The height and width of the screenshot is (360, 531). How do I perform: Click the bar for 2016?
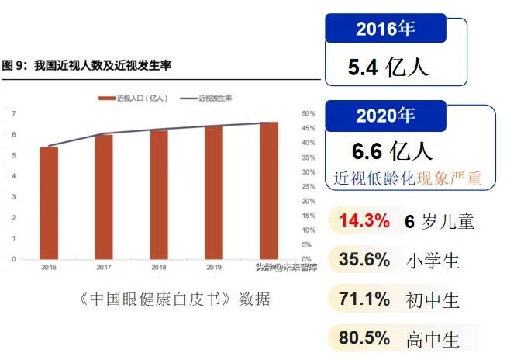(x=49, y=202)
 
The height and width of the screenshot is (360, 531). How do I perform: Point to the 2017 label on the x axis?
(x=104, y=268)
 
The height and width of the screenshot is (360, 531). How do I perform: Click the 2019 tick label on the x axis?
(x=214, y=268)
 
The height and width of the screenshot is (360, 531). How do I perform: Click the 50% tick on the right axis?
(x=306, y=114)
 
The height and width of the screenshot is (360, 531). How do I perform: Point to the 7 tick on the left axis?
(x=14, y=114)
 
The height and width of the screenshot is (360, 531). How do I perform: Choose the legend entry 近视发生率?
(x=209, y=99)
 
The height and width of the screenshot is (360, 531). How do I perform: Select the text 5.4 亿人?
(x=388, y=67)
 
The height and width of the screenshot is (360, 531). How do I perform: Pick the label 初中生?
(x=433, y=299)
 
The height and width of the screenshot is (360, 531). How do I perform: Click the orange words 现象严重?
(x=449, y=178)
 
